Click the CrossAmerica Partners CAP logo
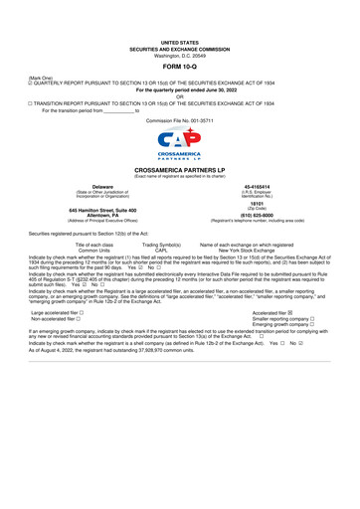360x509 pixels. tap(180, 148)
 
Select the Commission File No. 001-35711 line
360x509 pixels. tap(180, 118)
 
